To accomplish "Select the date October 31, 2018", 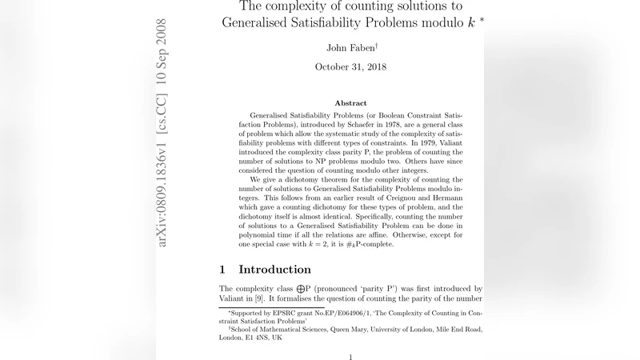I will pyautogui.click(x=350, y=66).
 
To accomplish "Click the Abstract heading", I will pyautogui.click(x=350, y=103).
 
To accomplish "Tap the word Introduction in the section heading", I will pyautogui.click(x=274, y=269).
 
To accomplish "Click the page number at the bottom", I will pyautogui.click(x=350, y=357).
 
